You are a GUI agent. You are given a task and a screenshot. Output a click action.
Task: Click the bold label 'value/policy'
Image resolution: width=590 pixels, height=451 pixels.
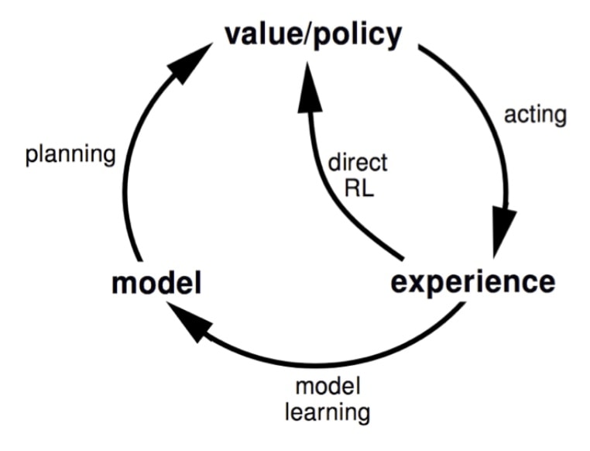[x=313, y=36]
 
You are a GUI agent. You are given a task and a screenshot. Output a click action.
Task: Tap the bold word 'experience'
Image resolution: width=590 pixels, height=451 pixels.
[x=473, y=284]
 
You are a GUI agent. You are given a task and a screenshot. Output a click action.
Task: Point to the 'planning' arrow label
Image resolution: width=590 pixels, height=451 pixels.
[x=70, y=155]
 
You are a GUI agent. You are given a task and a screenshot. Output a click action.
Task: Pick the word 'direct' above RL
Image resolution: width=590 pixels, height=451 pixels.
[x=358, y=163]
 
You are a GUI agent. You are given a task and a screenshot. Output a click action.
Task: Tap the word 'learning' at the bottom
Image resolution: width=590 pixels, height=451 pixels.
[x=328, y=412]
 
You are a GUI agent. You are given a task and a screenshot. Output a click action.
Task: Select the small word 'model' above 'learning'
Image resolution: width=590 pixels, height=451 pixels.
[x=328, y=386]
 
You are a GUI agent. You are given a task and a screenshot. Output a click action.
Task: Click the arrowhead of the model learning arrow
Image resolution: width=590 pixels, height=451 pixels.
[x=189, y=323]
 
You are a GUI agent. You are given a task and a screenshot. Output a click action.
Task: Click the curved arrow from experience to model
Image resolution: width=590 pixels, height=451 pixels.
[x=312, y=364]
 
